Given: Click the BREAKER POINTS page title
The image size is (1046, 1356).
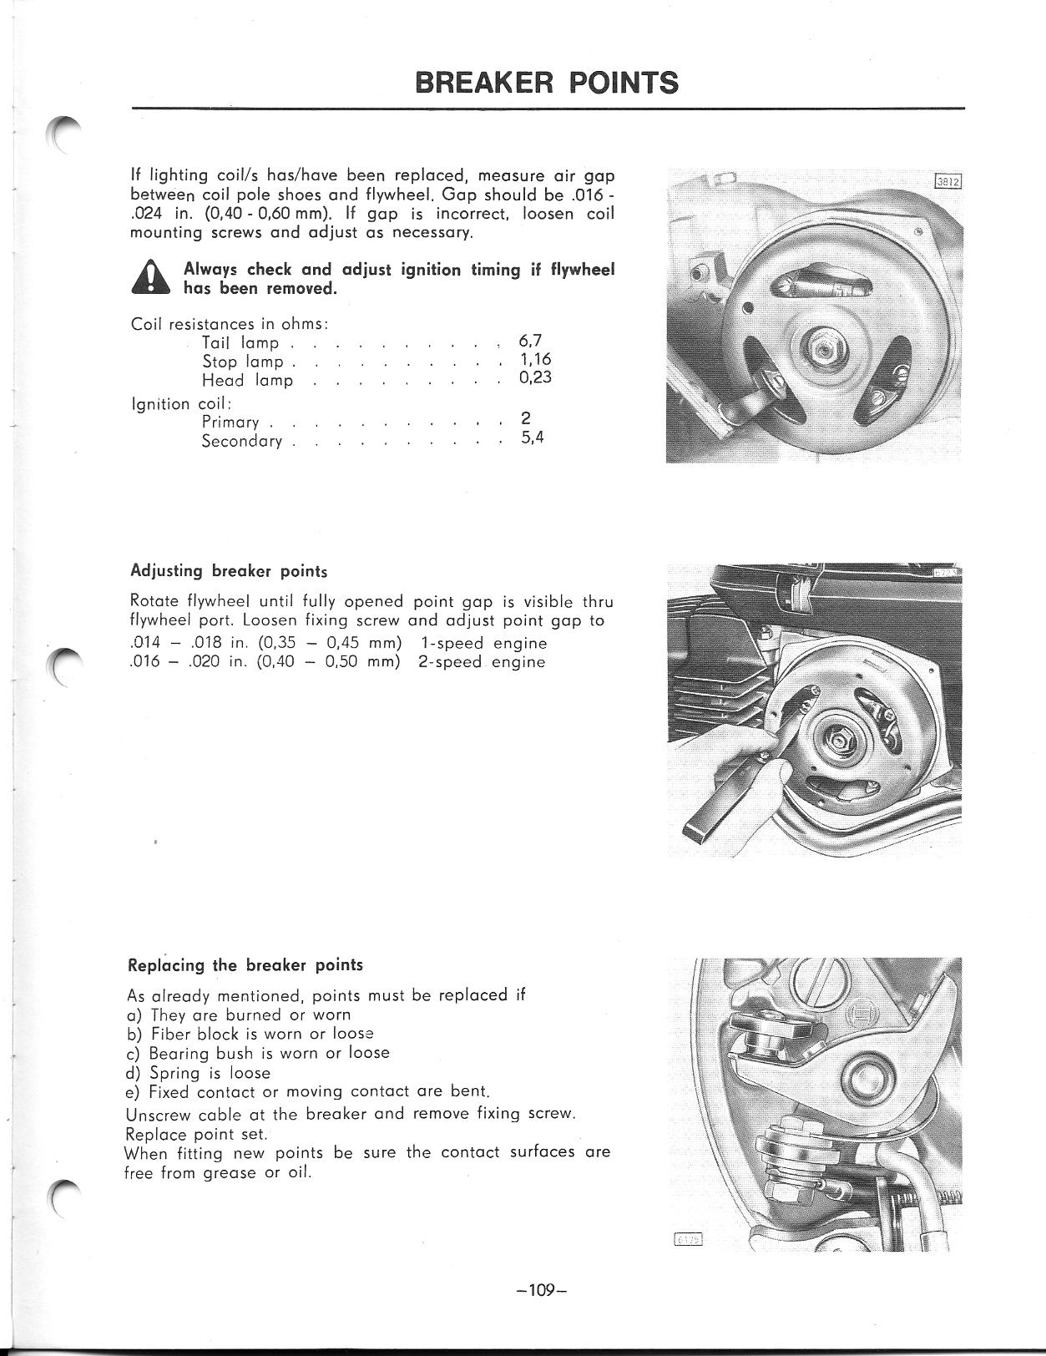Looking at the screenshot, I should tap(547, 83).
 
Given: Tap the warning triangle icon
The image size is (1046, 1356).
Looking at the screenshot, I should tap(151, 278).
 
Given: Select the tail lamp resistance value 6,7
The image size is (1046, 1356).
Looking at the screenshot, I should tap(530, 341).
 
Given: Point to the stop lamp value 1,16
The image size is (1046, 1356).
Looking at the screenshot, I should tap(535, 360).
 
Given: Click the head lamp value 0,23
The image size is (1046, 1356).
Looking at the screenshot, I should tap(535, 378).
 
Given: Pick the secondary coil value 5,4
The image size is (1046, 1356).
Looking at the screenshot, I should tap(533, 438).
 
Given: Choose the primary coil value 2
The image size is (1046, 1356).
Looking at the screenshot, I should tap(525, 418).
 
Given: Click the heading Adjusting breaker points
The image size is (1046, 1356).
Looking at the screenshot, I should tap(229, 571).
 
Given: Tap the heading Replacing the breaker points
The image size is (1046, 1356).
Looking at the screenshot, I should tap(245, 965).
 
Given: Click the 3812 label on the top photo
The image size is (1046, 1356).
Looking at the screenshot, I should tap(947, 182).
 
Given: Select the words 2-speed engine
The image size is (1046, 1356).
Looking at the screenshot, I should tap(482, 662).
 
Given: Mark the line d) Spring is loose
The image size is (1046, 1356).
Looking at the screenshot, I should tap(198, 1073).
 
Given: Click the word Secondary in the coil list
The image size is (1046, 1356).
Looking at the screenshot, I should tap(241, 441).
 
